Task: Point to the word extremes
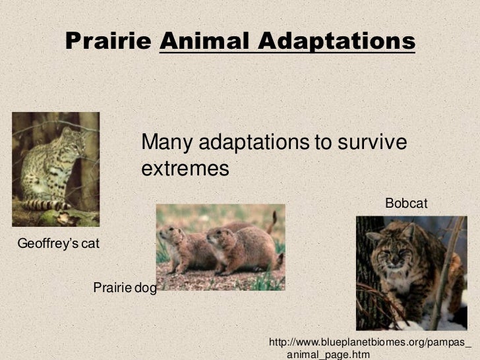coord(185,169)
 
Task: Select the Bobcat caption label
coord(406,204)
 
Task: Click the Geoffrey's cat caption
coord(58,244)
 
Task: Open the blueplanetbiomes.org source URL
coord(371,348)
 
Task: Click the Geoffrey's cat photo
coord(55,169)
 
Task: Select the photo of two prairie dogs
coord(220,247)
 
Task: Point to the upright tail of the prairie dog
coord(272,222)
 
